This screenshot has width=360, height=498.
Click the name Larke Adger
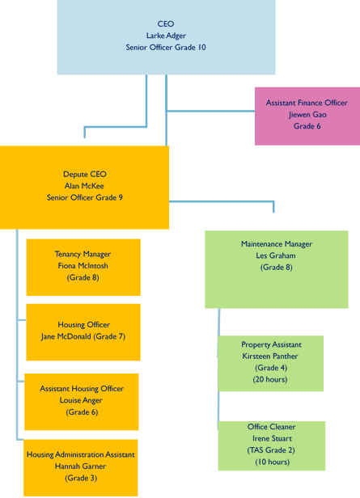(166, 36)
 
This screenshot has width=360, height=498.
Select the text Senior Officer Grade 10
(166, 48)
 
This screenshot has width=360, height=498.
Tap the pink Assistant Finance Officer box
(307, 116)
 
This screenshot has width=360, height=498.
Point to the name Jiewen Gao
(307, 114)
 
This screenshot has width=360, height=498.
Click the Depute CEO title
(85, 174)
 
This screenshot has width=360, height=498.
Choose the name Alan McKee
(84, 186)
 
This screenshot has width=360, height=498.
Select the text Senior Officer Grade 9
(85, 197)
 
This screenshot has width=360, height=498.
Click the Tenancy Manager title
(83, 254)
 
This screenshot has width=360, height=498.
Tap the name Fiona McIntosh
(83, 265)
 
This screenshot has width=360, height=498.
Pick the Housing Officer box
(83, 332)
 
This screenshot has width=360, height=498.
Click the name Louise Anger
(81, 400)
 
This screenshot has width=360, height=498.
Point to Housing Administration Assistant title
(81, 454)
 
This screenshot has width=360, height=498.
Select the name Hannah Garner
(80, 466)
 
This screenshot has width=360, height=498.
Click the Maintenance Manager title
(277, 244)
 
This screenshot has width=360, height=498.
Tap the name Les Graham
(276, 255)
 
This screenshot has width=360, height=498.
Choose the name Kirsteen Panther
(270, 356)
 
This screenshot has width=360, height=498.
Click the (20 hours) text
(270, 379)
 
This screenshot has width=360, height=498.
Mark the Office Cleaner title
(272, 427)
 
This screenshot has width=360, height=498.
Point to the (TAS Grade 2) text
(271, 450)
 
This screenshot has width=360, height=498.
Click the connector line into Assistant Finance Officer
(211, 112)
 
